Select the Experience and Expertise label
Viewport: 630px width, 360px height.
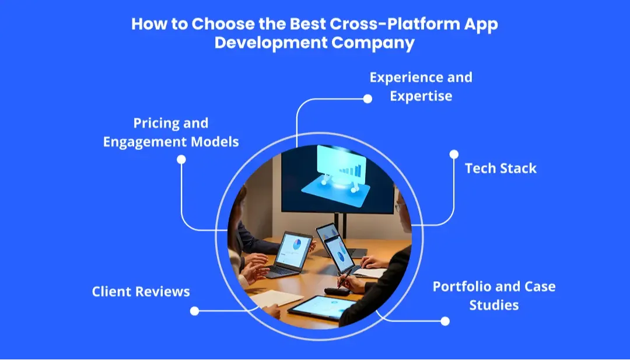pos(421,86)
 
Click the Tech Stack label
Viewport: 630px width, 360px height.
pos(501,169)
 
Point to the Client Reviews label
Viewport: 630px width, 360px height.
pos(141,291)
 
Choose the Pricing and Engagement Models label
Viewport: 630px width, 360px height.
pos(171,132)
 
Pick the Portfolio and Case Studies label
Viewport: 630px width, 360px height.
pos(494,295)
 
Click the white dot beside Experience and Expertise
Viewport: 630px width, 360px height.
pos(367,99)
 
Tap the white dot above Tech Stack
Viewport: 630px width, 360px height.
pos(454,154)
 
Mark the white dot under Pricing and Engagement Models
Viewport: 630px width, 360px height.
pos(181,159)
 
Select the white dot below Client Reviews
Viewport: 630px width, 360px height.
pos(194,311)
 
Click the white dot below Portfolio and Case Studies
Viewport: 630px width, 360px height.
pos(445,321)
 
